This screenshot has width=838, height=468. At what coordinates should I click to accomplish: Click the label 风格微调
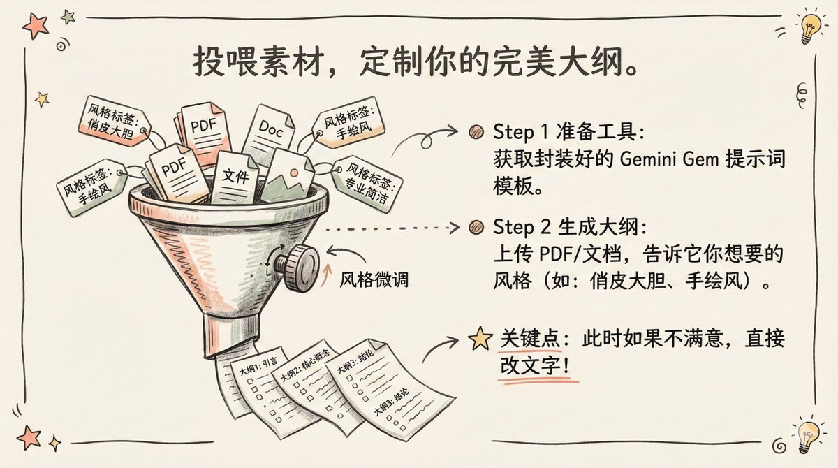pyautogui.click(x=374, y=281)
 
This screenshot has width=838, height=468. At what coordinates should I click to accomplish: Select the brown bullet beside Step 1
pyautogui.click(x=477, y=131)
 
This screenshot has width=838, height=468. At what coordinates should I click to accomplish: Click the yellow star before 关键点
pyautogui.click(x=480, y=339)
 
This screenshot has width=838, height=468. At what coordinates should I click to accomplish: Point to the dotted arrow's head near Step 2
pyautogui.click(x=455, y=228)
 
